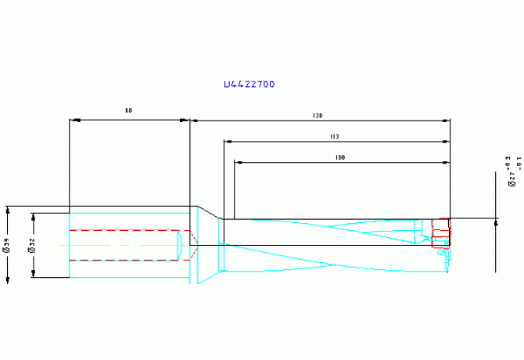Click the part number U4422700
[x=249, y=84]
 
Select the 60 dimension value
[x=128, y=112]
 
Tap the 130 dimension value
[x=317, y=116]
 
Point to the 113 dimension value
[x=334, y=136]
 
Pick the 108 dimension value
[x=339, y=157]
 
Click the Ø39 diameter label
[x=7, y=246]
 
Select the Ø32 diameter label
[x=31, y=246]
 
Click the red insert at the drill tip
[x=443, y=229]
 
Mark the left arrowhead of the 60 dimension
[x=74, y=121]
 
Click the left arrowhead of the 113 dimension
[x=228, y=142]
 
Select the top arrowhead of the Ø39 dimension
[x=8, y=210]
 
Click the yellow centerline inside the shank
[x=117, y=244]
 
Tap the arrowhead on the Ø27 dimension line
[x=496, y=222]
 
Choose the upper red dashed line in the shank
[x=125, y=231]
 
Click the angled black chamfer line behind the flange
[x=207, y=212]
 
